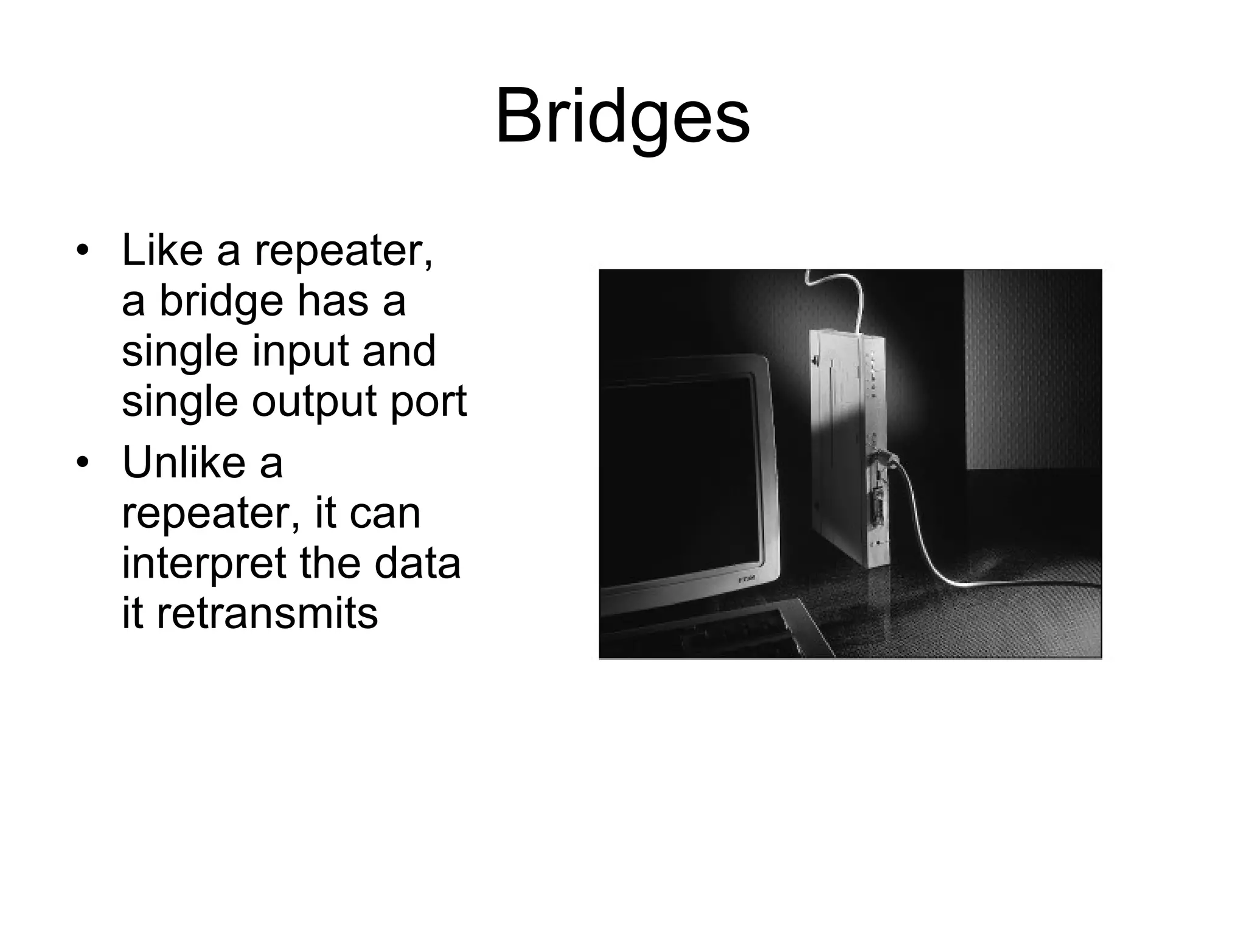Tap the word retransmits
pyautogui.click(x=267, y=613)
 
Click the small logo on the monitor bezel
pyautogui.click(x=748, y=579)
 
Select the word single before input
pyautogui.click(x=179, y=351)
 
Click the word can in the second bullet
pyautogui.click(x=385, y=513)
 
